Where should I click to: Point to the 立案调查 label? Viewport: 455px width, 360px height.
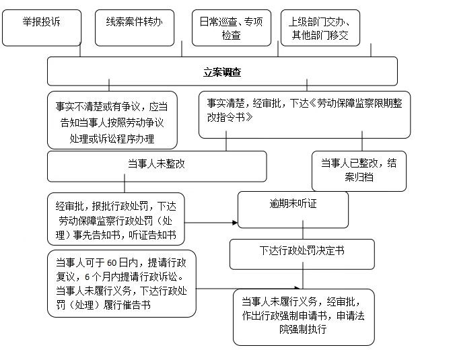[222, 71]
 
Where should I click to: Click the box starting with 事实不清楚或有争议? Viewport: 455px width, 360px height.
[112, 120]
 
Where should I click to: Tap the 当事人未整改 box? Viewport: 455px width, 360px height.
[156, 166]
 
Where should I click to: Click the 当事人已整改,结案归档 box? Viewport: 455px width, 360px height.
[359, 171]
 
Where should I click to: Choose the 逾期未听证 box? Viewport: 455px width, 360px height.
[293, 209]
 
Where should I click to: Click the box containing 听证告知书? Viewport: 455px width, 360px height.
[116, 219]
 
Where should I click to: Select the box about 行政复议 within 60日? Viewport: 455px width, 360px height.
[122, 283]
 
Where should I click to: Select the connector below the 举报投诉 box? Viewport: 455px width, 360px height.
[80, 51]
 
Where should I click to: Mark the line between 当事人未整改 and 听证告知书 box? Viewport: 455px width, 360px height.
[125, 188]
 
